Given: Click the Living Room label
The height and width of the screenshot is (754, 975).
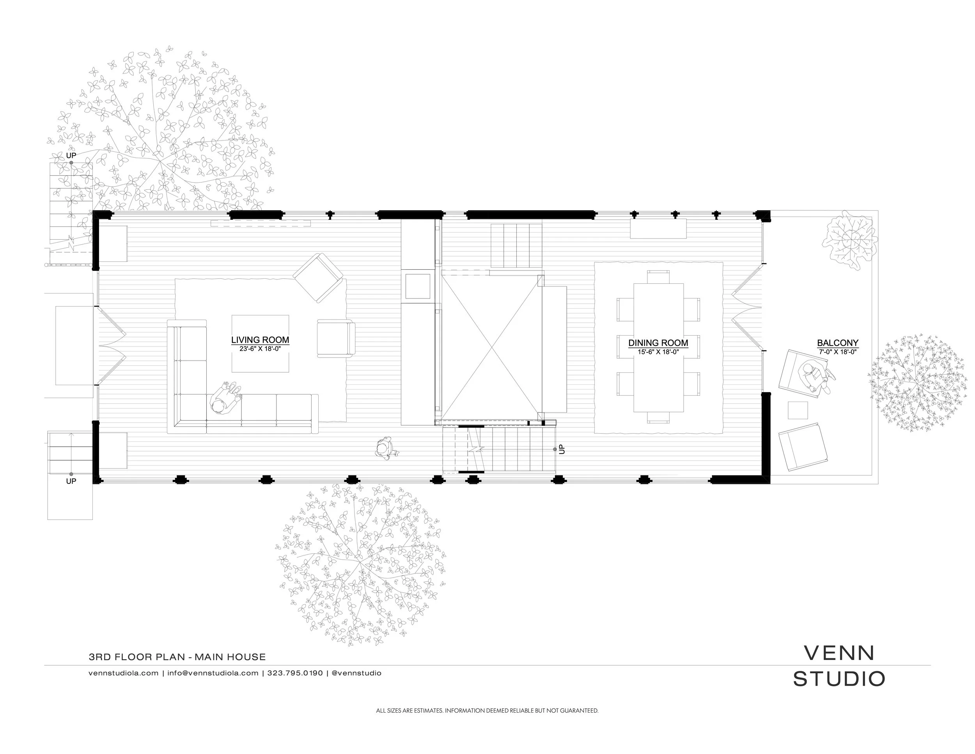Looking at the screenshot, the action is pyautogui.click(x=260, y=340).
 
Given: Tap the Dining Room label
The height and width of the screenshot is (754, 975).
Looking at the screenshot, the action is pyautogui.click(x=658, y=343).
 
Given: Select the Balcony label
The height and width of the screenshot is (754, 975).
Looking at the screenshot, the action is pyautogui.click(x=837, y=343).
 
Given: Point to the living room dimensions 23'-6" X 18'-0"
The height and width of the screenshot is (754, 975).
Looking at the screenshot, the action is pyautogui.click(x=260, y=349).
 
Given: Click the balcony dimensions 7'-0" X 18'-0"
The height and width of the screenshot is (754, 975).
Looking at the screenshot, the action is pyautogui.click(x=837, y=352).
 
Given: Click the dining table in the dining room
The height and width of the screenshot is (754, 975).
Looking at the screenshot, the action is pyautogui.click(x=658, y=347).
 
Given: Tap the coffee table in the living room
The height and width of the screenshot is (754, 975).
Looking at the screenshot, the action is pyautogui.click(x=260, y=343).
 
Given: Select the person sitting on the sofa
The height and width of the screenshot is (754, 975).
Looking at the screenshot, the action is pyautogui.click(x=226, y=398).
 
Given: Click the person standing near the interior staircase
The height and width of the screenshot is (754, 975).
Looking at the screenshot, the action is pyautogui.click(x=384, y=448).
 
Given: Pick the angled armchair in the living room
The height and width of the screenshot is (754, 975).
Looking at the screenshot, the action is pyautogui.click(x=318, y=278).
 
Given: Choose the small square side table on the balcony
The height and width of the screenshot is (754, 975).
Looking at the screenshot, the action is pyautogui.click(x=798, y=411).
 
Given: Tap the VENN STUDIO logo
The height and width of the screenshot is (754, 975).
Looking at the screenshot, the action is pyautogui.click(x=839, y=665).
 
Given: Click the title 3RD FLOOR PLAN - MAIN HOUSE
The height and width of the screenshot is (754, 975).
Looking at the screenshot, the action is pyautogui.click(x=177, y=657).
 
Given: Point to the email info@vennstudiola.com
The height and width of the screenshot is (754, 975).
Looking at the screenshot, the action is pyautogui.click(x=213, y=673).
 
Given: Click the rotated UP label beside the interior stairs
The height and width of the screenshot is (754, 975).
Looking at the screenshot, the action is pyautogui.click(x=562, y=449).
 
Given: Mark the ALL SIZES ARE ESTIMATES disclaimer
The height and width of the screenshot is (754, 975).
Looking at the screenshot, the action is pyautogui.click(x=487, y=711).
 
